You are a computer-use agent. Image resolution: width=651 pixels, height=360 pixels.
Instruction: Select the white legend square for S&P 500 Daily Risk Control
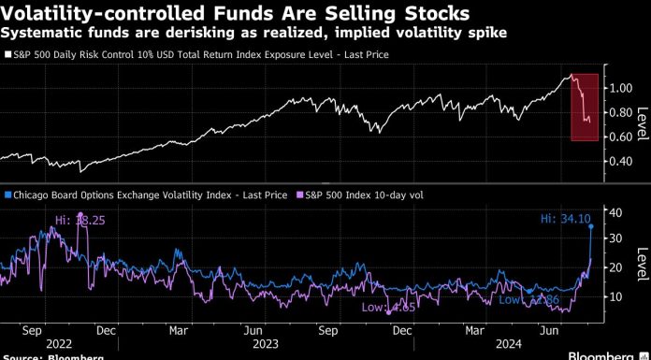click(8, 55)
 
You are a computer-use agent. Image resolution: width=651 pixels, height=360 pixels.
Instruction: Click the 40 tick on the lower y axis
click(616, 212)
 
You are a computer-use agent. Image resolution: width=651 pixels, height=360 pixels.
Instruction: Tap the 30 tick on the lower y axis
click(616, 239)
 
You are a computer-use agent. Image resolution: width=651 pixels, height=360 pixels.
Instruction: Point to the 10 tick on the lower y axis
click(616, 295)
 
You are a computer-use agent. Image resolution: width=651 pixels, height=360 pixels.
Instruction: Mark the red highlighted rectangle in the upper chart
click(585, 107)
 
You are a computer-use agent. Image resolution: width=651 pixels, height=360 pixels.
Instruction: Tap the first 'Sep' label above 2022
click(29, 329)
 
